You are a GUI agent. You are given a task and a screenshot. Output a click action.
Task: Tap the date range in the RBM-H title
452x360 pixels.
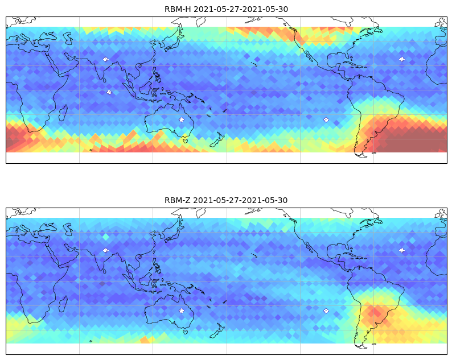coord(240,9)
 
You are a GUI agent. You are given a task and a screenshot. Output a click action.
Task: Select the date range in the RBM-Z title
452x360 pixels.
coord(240,200)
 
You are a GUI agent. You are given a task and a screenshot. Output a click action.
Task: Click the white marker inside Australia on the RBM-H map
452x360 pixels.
coord(182,119)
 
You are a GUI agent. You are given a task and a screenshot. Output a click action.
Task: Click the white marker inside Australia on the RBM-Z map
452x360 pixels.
coord(182,311)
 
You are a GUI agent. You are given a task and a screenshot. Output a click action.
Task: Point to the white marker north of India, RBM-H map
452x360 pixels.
coord(105,59)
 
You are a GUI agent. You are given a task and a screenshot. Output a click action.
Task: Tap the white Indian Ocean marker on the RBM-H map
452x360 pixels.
coord(109,93)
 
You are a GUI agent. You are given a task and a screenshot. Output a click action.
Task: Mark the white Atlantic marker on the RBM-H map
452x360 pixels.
coord(401,59)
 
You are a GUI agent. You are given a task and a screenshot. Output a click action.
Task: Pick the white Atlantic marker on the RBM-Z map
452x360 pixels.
coord(401,250)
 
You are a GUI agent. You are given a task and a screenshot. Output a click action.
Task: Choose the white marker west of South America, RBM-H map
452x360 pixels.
coord(326,119)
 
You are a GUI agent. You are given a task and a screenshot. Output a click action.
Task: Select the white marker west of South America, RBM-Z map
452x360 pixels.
coord(326,311)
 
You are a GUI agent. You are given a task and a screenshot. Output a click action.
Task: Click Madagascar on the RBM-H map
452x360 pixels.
coord(63,113)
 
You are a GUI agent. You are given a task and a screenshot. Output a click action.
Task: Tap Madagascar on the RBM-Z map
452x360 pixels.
coord(63,304)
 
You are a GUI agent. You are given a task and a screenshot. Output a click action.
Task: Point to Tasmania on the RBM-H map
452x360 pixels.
coord(185,140)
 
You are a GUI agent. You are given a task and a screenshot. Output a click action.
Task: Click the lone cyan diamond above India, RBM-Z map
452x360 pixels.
coord(106,237)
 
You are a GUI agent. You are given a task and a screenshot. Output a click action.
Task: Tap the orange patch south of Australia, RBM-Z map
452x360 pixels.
coord(147,340)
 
